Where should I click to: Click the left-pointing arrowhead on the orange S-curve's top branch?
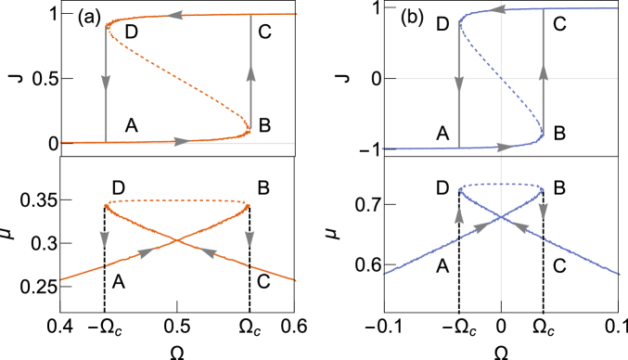point(177,16)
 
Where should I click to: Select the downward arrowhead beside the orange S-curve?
point(106,83)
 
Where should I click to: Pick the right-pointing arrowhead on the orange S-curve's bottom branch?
point(182,142)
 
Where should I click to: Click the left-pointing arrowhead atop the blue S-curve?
point(497,9)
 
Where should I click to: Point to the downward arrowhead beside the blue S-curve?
point(459,85)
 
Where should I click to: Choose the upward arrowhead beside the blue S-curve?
point(544,73)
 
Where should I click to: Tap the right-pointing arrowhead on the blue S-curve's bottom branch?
point(503,147)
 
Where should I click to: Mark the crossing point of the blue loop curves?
point(501,217)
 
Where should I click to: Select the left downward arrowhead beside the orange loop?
point(105,239)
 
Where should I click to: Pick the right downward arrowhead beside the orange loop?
point(250,239)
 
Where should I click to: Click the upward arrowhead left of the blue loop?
point(459,217)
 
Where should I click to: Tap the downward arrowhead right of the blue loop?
point(543,211)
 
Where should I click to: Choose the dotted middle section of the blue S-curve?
point(501,79)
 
